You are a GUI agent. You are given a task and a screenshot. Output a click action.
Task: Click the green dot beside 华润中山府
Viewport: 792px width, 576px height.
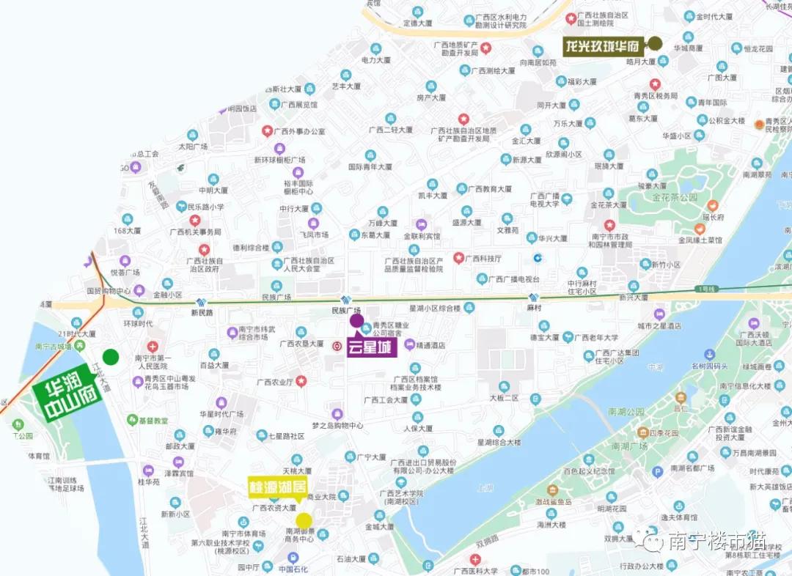coord(111,357)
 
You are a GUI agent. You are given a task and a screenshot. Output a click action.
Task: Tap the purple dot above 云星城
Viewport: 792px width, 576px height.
coord(356,320)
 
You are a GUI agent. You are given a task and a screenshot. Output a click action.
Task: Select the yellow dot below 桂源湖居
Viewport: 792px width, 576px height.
coord(304,520)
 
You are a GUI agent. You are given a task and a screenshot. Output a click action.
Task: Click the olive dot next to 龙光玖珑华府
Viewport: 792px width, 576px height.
coord(655,43)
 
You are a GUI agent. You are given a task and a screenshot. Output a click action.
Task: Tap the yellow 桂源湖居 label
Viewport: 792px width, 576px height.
coord(277,487)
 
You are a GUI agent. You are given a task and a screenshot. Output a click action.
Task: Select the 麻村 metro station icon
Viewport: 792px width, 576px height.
coord(534,298)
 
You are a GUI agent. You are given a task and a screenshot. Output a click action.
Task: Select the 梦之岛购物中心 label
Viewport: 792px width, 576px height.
coord(337,425)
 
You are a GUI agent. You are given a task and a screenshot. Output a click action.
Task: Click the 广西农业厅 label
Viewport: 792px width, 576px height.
coord(275,381)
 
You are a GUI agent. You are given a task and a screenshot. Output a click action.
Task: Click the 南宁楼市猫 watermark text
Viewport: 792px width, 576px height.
coord(716,541)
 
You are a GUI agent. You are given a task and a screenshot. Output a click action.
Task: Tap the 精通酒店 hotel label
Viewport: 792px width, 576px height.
coord(430,344)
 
